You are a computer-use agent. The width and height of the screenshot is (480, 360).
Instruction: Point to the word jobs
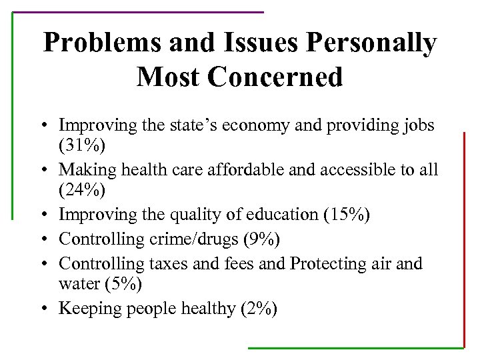pos(417,125)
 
